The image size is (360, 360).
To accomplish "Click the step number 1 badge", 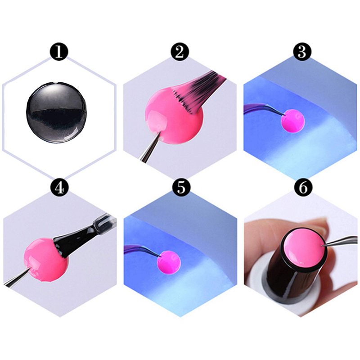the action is pos(59,52).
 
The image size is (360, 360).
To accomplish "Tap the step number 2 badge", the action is pos(180,52).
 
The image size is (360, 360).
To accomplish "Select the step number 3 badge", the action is pos(302,52).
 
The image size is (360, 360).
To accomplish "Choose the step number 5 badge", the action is pos(181,188).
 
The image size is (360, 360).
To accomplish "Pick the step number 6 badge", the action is pos(303,188).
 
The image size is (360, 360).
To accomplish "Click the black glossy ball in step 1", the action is pos(57,112).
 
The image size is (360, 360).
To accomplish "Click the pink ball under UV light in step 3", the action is pos(293,121).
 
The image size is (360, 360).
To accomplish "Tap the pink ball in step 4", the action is pos(46,259).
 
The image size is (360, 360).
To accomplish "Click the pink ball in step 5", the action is pos(169,262).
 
